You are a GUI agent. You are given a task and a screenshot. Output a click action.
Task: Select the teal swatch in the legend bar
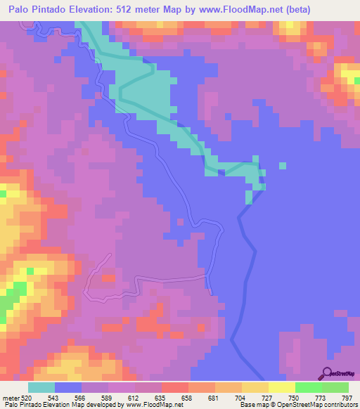click(41, 387)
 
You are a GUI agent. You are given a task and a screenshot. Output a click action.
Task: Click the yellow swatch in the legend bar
click(281, 387)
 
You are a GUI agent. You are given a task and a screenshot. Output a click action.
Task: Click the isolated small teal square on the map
click(283, 167)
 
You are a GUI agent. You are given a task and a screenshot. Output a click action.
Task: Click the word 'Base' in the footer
click(247, 405)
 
